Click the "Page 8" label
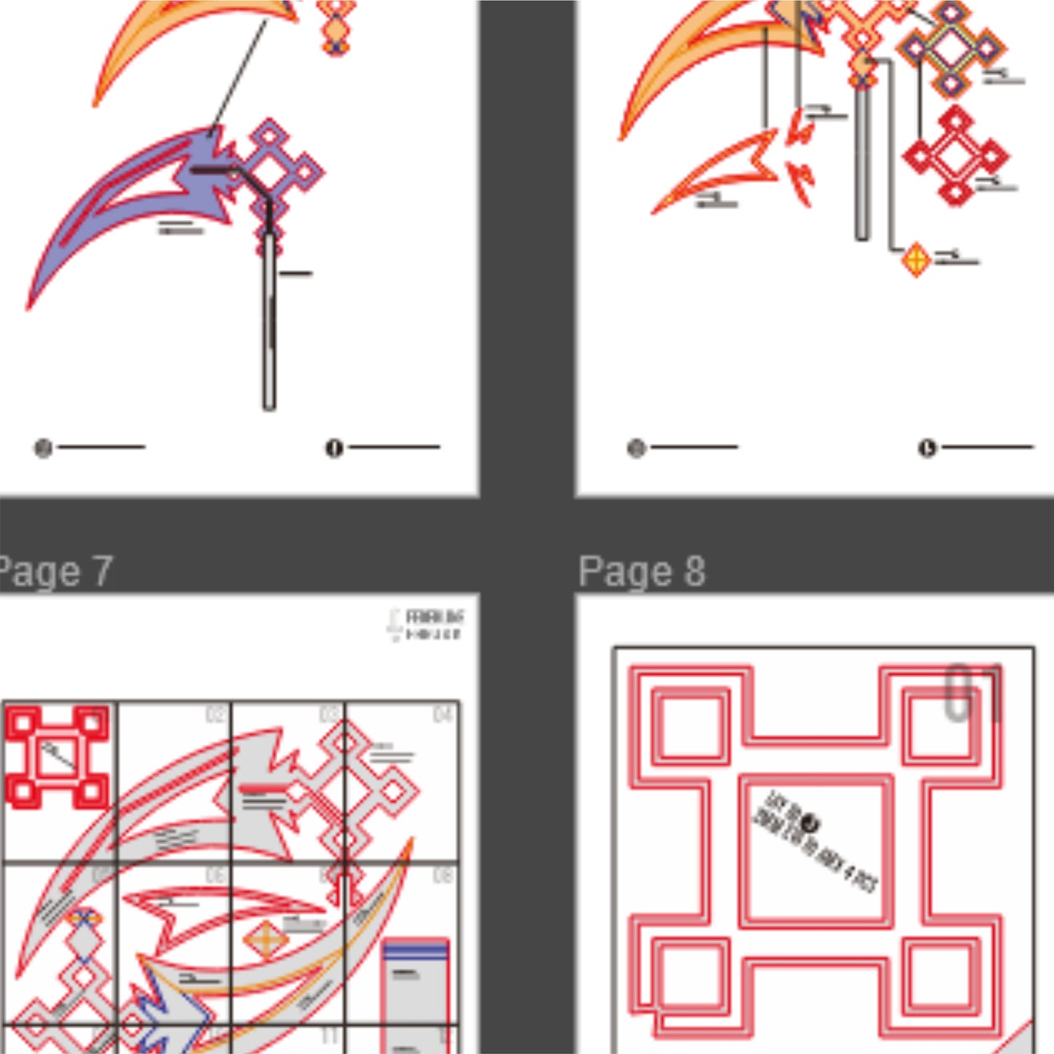tap(642, 571)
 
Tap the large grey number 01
tap(973, 692)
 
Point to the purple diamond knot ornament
tap(281, 171)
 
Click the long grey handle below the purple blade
tap(269, 321)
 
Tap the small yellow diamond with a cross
tap(916, 259)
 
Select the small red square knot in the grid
tap(57, 757)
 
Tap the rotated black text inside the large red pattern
tap(817, 842)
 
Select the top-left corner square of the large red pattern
tap(689, 725)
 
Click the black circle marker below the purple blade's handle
tap(333, 448)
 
